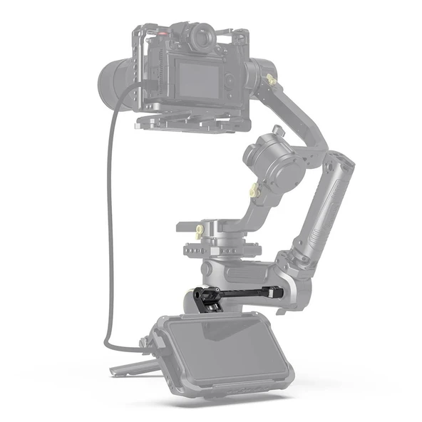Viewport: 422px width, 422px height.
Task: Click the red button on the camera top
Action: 165,33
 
